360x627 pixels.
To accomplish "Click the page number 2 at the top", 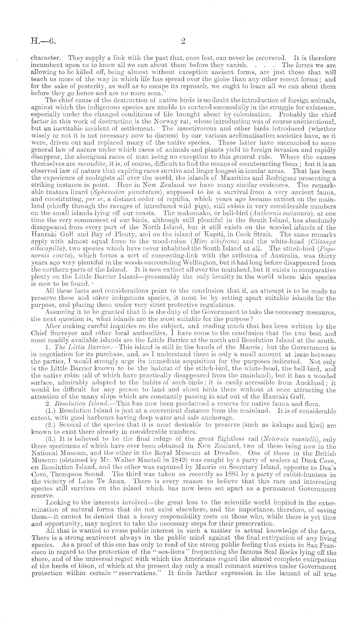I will [x=183, y=41].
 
